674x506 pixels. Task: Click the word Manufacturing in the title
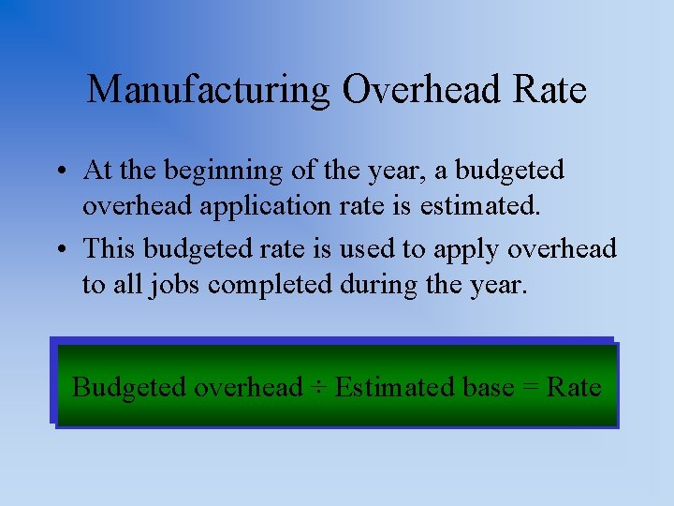pyautogui.click(x=208, y=90)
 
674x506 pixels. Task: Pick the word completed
pyautogui.click(x=270, y=284)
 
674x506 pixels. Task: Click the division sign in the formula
pyautogui.click(x=318, y=387)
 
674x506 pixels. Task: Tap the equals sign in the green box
pyautogui.click(x=528, y=387)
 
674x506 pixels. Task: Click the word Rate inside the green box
pyautogui.click(x=574, y=387)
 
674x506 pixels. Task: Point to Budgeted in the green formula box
pyautogui.click(x=129, y=387)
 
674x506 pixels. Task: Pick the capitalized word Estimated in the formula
pyautogui.click(x=393, y=387)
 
